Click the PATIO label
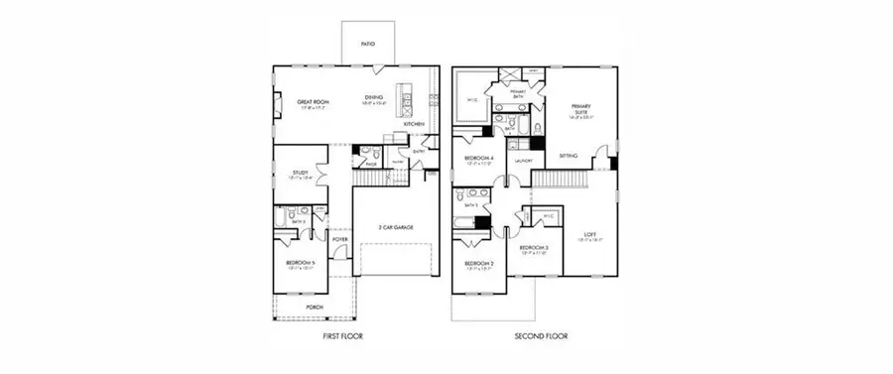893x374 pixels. click(x=367, y=45)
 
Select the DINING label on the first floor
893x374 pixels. click(x=373, y=97)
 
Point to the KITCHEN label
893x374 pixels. click(x=415, y=124)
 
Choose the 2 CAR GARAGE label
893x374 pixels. click(x=396, y=227)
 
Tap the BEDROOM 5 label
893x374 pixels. click(x=300, y=262)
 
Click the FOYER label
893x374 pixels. click(x=339, y=238)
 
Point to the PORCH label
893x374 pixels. click(x=315, y=308)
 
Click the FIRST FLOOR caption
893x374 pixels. click(x=343, y=337)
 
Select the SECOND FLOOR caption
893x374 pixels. click(x=541, y=337)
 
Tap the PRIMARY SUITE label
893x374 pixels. click(x=580, y=108)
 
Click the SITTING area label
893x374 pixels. click(x=569, y=156)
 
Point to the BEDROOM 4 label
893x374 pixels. click(x=480, y=159)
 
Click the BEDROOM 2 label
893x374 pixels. click(x=479, y=263)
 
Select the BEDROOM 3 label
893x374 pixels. click(x=534, y=247)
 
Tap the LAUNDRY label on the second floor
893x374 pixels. click(x=523, y=161)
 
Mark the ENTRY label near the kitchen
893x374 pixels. click(x=419, y=151)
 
